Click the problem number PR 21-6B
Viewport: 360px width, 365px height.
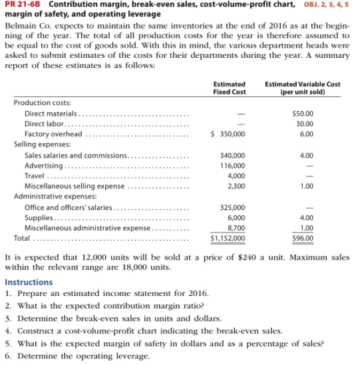(x=23, y=7)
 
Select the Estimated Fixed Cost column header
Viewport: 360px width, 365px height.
(x=229, y=88)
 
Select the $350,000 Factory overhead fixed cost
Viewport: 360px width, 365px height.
(x=228, y=134)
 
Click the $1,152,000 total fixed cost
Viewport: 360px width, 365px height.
(x=227, y=237)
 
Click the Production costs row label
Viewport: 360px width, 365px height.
(x=43, y=103)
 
